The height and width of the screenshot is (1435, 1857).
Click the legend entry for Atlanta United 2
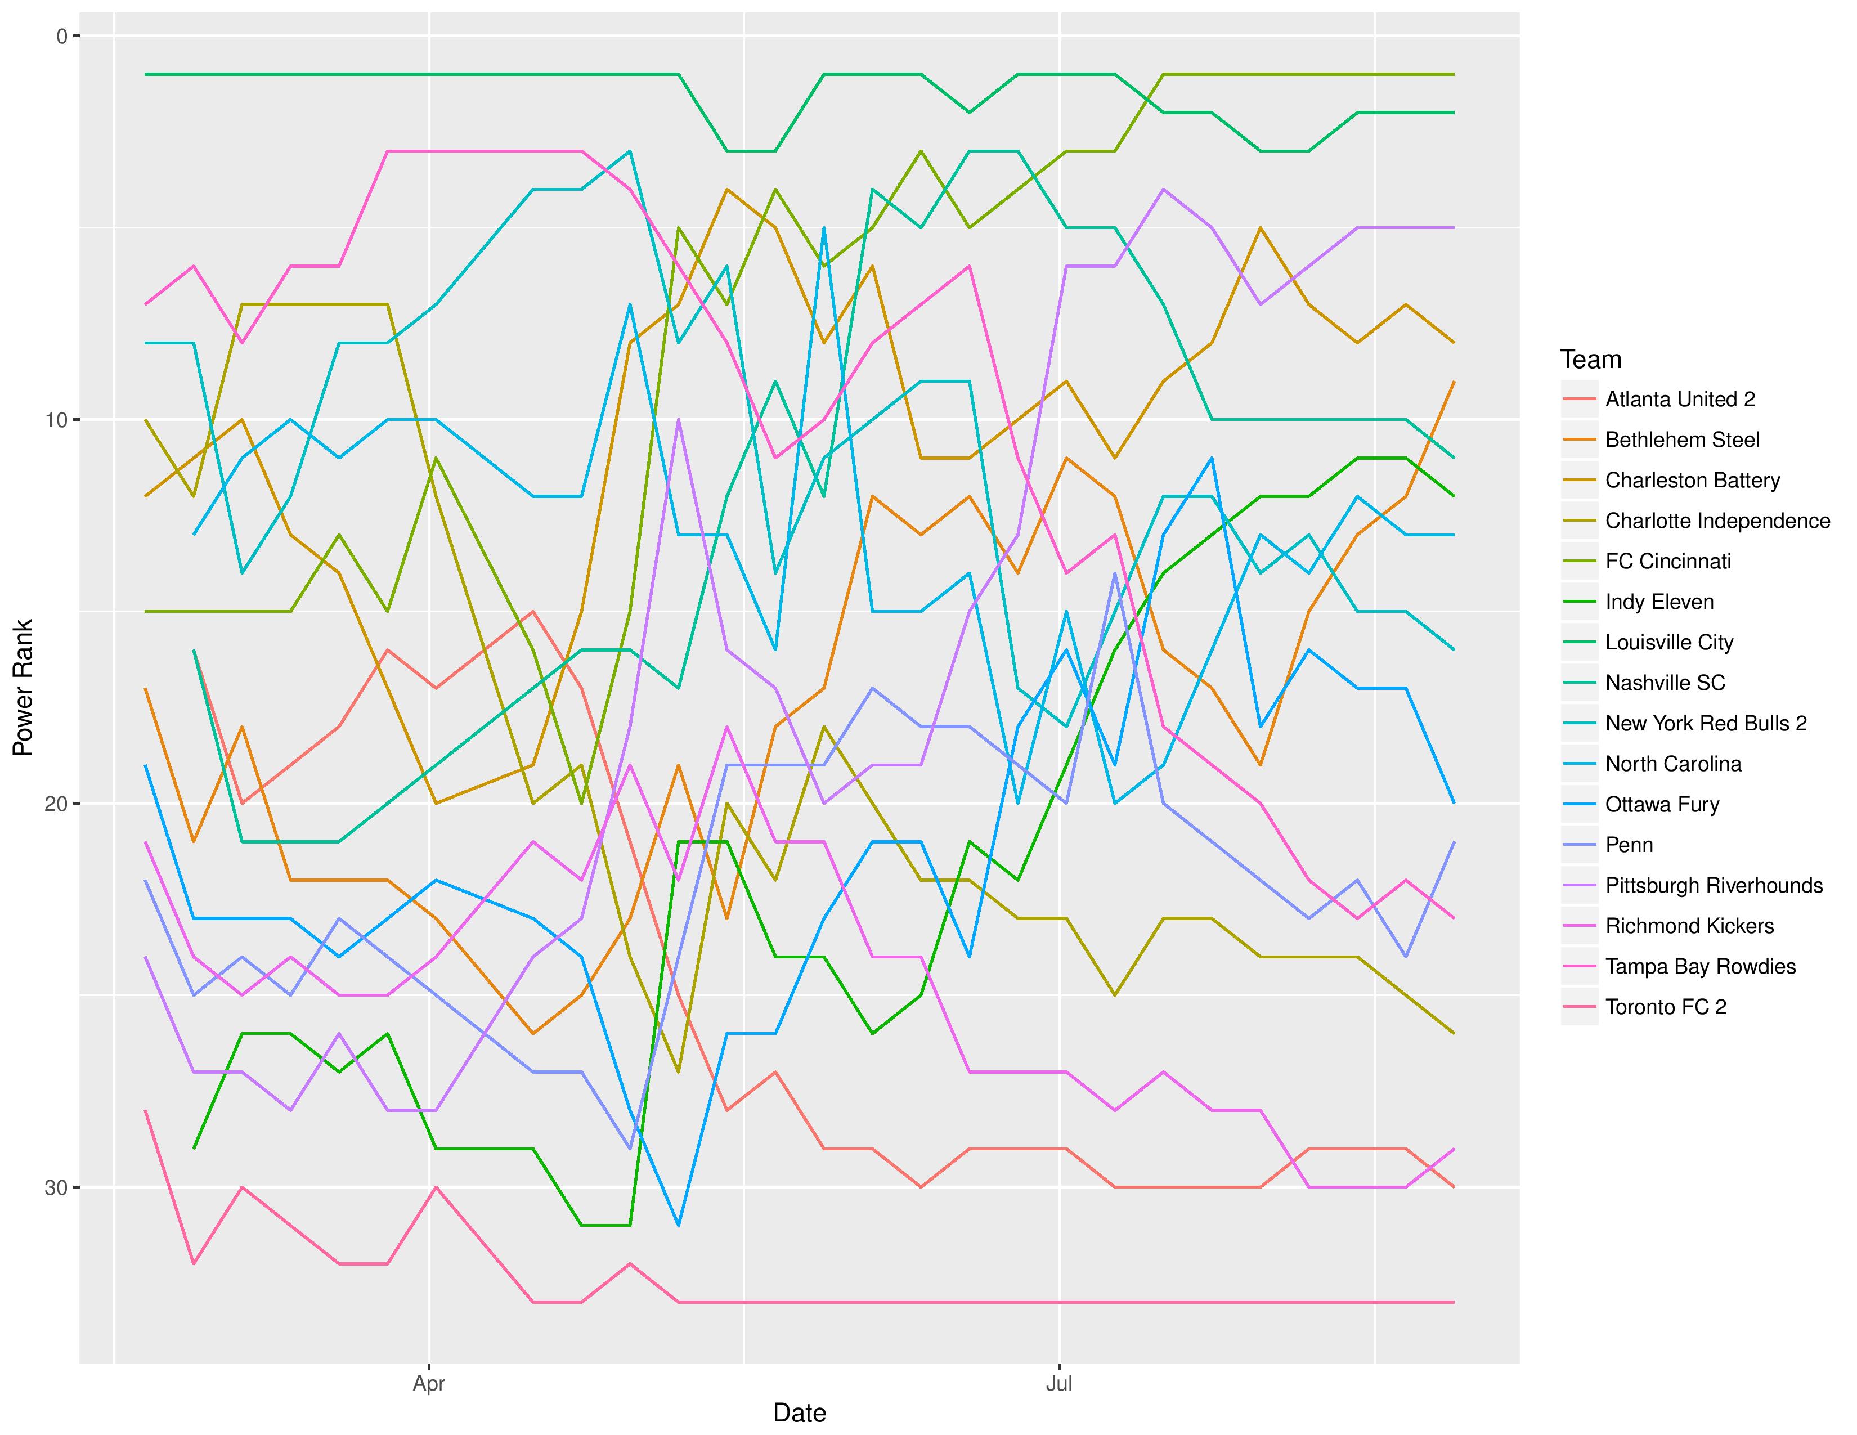pyautogui.click(x=1679, y=400)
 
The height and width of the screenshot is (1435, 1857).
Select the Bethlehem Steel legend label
pyautogui.click(x=1682, y=440)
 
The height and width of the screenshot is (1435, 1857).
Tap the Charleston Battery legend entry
pyautogui.click(x=1692, y=481)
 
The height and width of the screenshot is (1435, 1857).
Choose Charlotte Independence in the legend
pyautogui.click(x=1717, y=521)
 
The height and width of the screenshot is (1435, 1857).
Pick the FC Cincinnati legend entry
pyautogui.click(x=1667, y=561)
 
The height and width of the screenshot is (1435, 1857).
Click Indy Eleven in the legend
pyautogui.click(x=1659, y=602)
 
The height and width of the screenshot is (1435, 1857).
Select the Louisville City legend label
pyautogui.click(x=1668, y=643)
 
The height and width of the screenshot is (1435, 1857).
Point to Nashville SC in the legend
pyautogui.click(x=1665, y=683)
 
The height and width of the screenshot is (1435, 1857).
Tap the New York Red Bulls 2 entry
pyautogui.click(x=1706, y=724)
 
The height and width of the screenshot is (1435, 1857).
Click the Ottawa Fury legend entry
pyautogui.click(x=1661, y=804)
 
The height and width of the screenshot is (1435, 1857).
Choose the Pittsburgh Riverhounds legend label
pyautogui.click(x=1714, y=885)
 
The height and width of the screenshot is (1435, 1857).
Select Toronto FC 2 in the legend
pyautogui.click(x=1666, y=1007)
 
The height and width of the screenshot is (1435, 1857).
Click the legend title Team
pyautogui.click(x=1590, y=360)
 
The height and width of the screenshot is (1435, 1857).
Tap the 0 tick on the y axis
pyautogui.click(x=61, y=35)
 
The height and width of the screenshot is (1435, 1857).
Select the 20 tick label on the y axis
pyautogui.click(x=55, y=804)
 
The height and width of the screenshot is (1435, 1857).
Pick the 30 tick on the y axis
pyautogui.click(x=55, y=1187)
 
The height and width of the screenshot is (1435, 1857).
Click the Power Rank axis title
pyautogui.click(x=23, y=688)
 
